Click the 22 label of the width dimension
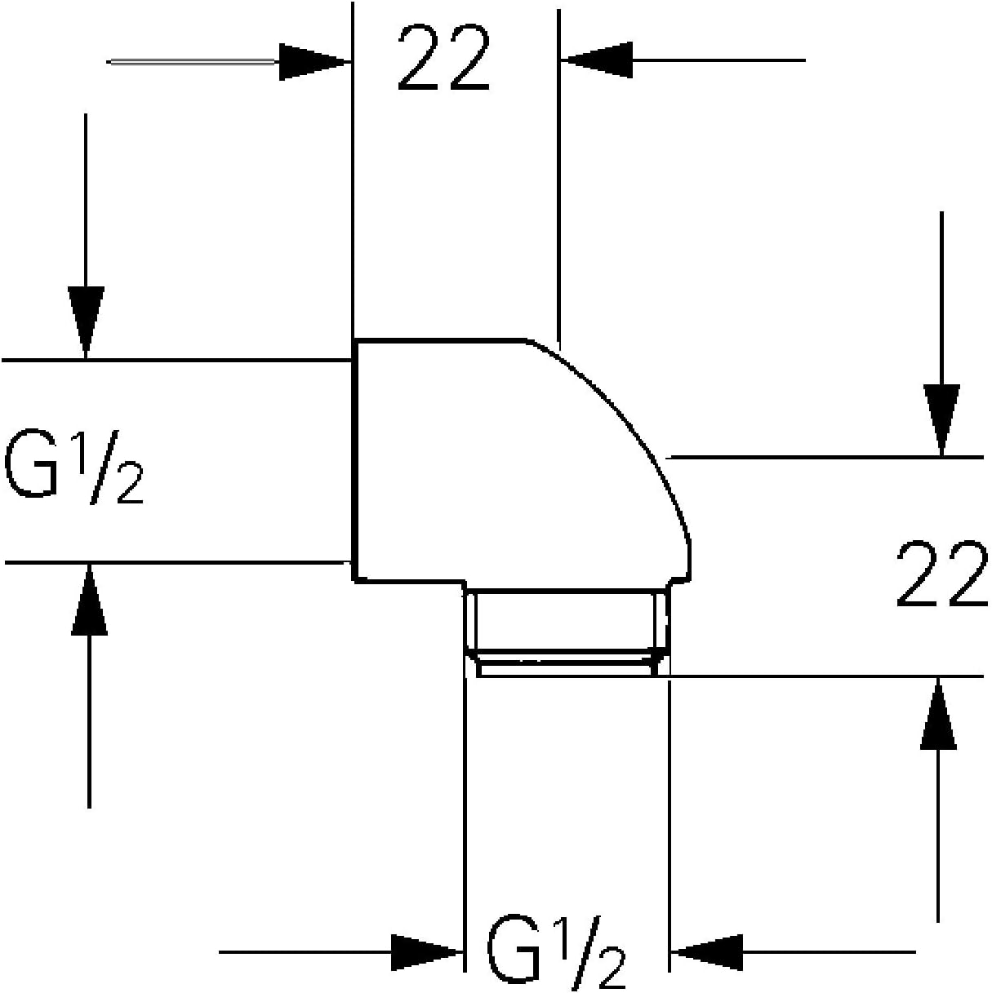pyautogui.click(x=443, y=58)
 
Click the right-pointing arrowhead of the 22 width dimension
pyautogui.click(x=314, y=61)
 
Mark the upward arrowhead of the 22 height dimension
pyautogui.click(x=938, y=714)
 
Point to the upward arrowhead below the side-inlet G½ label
pyautogui.click(x=89, y=600)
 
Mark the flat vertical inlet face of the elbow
pyautogui.click(x=354, y=461)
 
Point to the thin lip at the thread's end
pyautogui.click(x=567, y=668)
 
